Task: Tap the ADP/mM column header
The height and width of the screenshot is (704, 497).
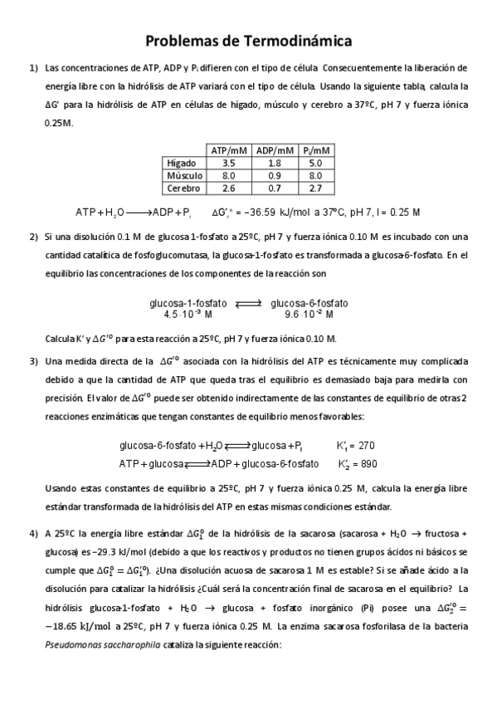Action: tap(275, 150)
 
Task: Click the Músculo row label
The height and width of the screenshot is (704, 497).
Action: tap(184, 175)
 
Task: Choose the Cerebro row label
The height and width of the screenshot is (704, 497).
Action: tap(184, 188)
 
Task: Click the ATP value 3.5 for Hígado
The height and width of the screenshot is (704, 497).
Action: tap(228, 163)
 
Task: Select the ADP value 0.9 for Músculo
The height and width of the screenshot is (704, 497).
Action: tap(275, 175)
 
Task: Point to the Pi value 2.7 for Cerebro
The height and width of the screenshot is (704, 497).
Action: tap(316, 188)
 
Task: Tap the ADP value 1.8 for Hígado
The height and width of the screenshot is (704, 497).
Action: tap(275, 163)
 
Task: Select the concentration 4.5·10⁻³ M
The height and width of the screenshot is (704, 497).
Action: tap(188, 315)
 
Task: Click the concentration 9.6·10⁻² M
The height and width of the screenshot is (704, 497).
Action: tap(309, 315)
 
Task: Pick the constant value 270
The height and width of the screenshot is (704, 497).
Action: tap(367, 446)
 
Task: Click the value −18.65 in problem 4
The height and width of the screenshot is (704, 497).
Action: tap(67, 628)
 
